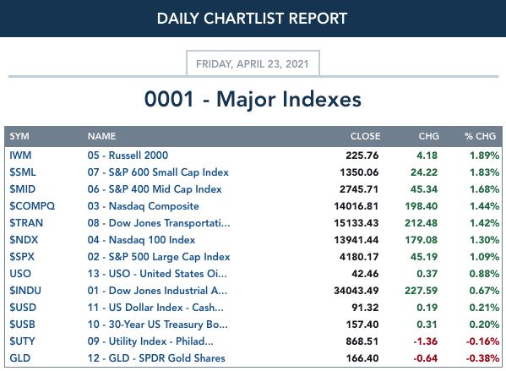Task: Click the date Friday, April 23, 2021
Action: [253, 64]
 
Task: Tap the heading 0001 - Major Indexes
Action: [253, 99]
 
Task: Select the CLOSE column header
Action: [365, 136]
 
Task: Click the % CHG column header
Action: [480, 136]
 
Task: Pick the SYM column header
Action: [19, 136]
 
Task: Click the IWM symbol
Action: [20, 155]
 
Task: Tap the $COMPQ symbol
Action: [32, 206]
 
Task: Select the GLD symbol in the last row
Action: [20, 358]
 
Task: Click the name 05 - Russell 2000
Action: [128, 155]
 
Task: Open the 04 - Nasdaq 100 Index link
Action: [141, 240]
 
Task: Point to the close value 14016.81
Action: [356, 206]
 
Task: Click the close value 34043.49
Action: [356, 291]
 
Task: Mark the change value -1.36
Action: [425, 341]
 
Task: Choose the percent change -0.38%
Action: [482, 358]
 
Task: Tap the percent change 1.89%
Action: [484, 155]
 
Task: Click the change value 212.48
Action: [422, 223]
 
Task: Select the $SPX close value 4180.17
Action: [359, 257]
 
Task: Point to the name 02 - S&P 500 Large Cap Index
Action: [159, 257]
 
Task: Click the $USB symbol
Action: [22, 325]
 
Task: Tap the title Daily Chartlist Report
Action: [252, 19]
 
